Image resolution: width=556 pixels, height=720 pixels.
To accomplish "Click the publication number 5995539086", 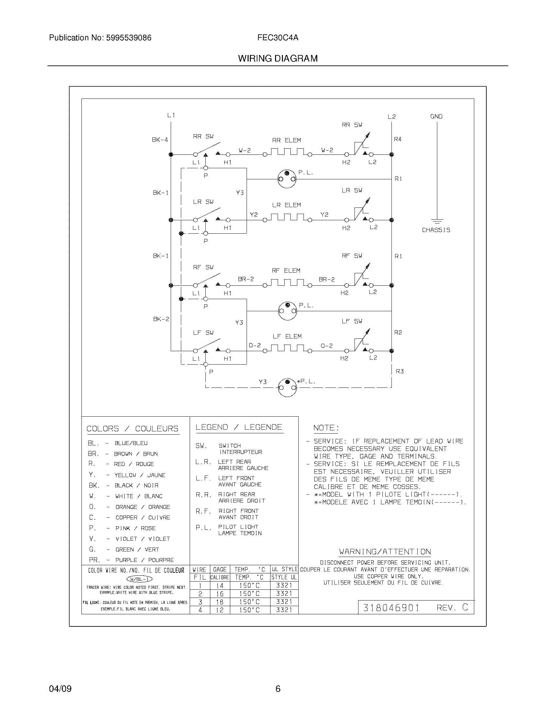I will tap(129, 38).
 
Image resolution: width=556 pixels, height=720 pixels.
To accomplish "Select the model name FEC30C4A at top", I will tap(278, 38).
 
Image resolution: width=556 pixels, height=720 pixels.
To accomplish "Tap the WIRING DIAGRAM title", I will tap(278, 59).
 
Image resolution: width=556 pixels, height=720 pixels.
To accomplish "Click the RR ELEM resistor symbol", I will tap(287, 152).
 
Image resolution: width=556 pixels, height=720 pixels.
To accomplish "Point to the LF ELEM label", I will tap(287, 336).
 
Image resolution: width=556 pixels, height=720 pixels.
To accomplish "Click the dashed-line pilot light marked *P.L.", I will tap(287, 387).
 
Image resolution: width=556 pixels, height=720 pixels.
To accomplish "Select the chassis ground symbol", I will tap(437, 221).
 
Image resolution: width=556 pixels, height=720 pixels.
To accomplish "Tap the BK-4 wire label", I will tap(160, 140).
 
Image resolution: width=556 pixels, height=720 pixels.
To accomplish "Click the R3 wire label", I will tap(400, 371).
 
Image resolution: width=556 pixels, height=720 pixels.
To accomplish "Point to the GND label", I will tap(436, 117).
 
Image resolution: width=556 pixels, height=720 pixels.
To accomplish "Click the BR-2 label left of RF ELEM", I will tap(246, 279).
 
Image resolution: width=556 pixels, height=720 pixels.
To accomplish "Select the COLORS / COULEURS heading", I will tap(132, 429).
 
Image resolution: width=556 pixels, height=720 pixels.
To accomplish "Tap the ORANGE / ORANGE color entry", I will tap(143, 507).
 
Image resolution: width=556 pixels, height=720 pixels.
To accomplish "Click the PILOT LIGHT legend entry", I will tap(238, 527).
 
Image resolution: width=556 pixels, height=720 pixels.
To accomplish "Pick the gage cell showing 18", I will tap(220, 602).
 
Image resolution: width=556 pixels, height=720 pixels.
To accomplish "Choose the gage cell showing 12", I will tap(220, 610).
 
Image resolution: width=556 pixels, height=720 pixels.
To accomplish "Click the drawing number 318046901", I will tap(391, 608).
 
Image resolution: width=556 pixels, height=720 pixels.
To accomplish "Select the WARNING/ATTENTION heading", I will tap(385, 551).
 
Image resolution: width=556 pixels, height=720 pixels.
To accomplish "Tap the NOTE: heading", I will tap(326, 428).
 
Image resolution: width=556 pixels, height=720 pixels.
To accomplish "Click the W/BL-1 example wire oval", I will tap(139, 579).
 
